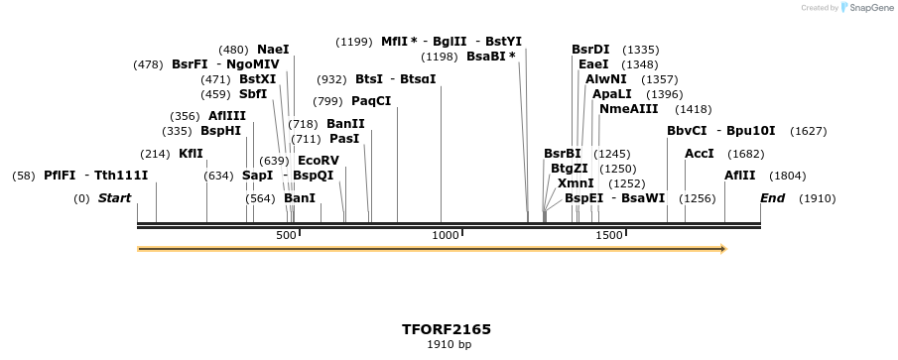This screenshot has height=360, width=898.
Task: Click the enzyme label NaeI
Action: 273,49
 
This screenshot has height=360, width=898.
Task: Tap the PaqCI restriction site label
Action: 371,101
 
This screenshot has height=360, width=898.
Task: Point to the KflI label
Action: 191,154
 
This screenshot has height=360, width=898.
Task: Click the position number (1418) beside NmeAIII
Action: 693,109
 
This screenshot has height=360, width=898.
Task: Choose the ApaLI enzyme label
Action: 611,93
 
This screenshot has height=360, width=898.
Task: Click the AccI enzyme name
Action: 700,154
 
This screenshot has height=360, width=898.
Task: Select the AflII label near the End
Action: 739,176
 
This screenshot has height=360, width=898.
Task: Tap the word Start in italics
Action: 114,198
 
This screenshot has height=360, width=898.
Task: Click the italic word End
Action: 772,198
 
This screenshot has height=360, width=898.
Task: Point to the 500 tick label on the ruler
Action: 286,235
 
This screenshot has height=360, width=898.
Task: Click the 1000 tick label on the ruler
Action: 446,235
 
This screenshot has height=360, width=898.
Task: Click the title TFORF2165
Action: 447,329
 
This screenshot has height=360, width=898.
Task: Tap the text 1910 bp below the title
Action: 449,345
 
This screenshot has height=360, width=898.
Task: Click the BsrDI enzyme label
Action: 590,49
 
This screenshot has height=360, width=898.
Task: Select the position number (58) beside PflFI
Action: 24,176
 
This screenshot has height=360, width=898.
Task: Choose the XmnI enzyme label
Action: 576,182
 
